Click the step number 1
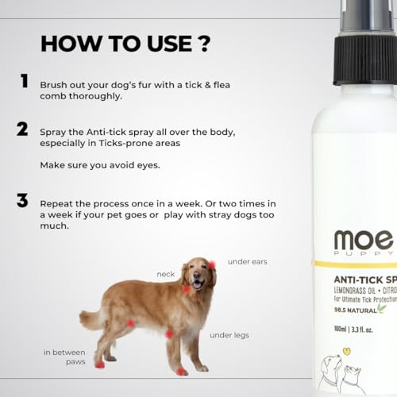(x=25, y=81)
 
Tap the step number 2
(x=23, y=129)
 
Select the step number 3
(x=23, y=200)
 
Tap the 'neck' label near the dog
(x=166, y=273)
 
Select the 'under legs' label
(x=229, y=335)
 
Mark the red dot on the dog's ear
(x=212, y=265)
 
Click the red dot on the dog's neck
(x=187, y=290)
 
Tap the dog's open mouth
(x=198, y=283)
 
